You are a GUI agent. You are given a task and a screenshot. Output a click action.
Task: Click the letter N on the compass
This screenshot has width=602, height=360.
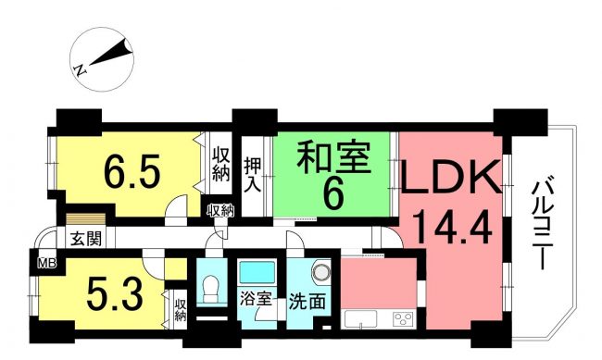coord(81,70)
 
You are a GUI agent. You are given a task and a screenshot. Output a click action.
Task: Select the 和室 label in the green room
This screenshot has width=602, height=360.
coord(333,157)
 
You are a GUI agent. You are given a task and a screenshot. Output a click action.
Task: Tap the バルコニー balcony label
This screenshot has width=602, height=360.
coord(543,226)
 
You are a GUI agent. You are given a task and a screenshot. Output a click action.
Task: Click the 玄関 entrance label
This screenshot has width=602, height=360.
coord(86,239)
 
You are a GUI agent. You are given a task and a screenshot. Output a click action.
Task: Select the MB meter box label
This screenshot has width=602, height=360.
coord(47,263)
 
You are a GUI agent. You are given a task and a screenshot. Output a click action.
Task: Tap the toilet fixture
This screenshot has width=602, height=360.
coord(210,289)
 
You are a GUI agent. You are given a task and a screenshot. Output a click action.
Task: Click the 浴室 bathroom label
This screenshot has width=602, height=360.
coord(256,299)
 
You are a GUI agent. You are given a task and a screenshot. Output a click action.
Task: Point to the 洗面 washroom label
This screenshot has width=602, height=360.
coord(307,302)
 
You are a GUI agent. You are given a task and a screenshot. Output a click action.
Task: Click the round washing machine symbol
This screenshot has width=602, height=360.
coord(321,272)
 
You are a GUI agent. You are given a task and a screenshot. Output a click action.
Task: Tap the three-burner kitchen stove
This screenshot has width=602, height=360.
coord(403,319)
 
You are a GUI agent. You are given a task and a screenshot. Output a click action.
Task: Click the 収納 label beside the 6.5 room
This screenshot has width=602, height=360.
coord(221,164)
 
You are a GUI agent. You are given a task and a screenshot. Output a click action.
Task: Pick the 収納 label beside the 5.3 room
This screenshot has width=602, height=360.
coord(181,310)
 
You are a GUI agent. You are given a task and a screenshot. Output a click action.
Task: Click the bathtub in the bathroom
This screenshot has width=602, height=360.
coord(257,272)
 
